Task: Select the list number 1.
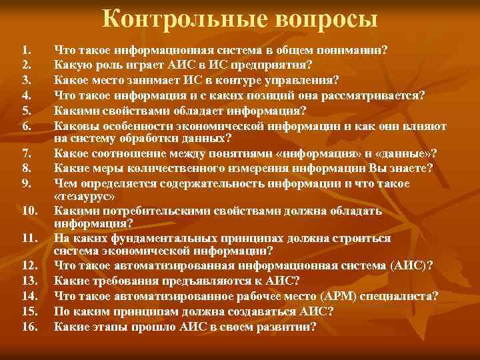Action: tap(26, 50)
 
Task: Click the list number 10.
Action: tap(29, 211)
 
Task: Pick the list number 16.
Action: tap(29, 327)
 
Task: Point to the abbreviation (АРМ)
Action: tap(359, 295)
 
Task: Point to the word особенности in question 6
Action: tap(133, 125)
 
